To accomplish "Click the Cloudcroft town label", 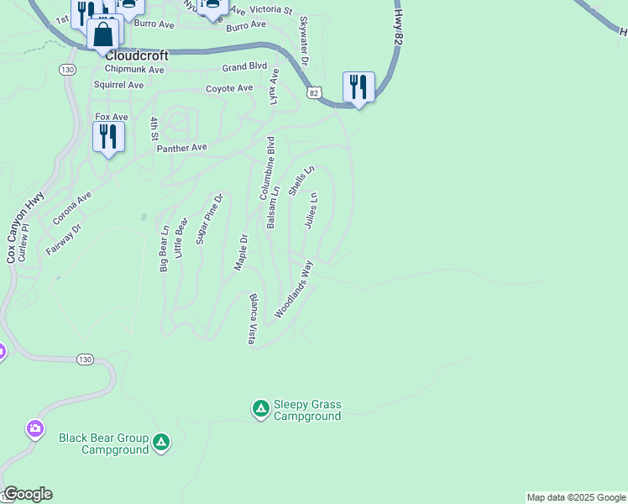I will (137, 55).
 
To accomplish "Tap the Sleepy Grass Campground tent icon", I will (260, 408).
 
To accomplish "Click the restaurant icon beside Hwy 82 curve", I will (358, 87).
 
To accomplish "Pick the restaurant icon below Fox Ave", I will (108, 137).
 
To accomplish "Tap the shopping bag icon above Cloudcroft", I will (103, 34).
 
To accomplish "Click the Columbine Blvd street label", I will (266, 167).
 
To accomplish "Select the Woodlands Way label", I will (294, 288).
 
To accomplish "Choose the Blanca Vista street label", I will (251, 318).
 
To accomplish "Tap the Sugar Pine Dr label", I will (209, 218).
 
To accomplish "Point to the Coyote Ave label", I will (229, 88).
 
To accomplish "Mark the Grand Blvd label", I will (244, 66).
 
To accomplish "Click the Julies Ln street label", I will (309, 211).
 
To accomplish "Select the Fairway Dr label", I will (64, 239).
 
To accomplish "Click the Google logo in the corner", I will (28, 494).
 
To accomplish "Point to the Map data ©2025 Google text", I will (576, 497).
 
